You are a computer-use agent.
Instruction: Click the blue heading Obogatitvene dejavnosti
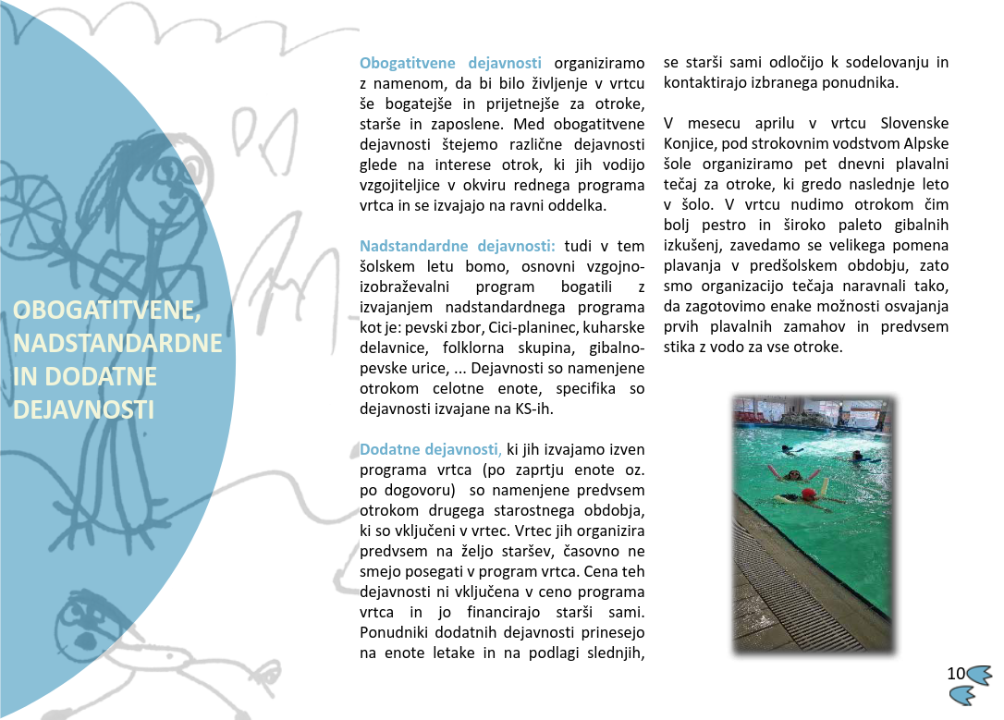[x=450, y=64]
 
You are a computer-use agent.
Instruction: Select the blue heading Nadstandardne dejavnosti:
[x=457, y=247]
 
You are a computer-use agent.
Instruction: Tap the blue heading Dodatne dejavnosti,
[x=430, y=450]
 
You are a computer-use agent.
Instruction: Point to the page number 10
[x=956, y=673]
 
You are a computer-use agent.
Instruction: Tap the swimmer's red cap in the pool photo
[x=809, y=495]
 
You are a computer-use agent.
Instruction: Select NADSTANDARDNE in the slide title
[x=118, y=344]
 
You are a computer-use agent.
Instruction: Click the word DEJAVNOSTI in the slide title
[x=83, y=410]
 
